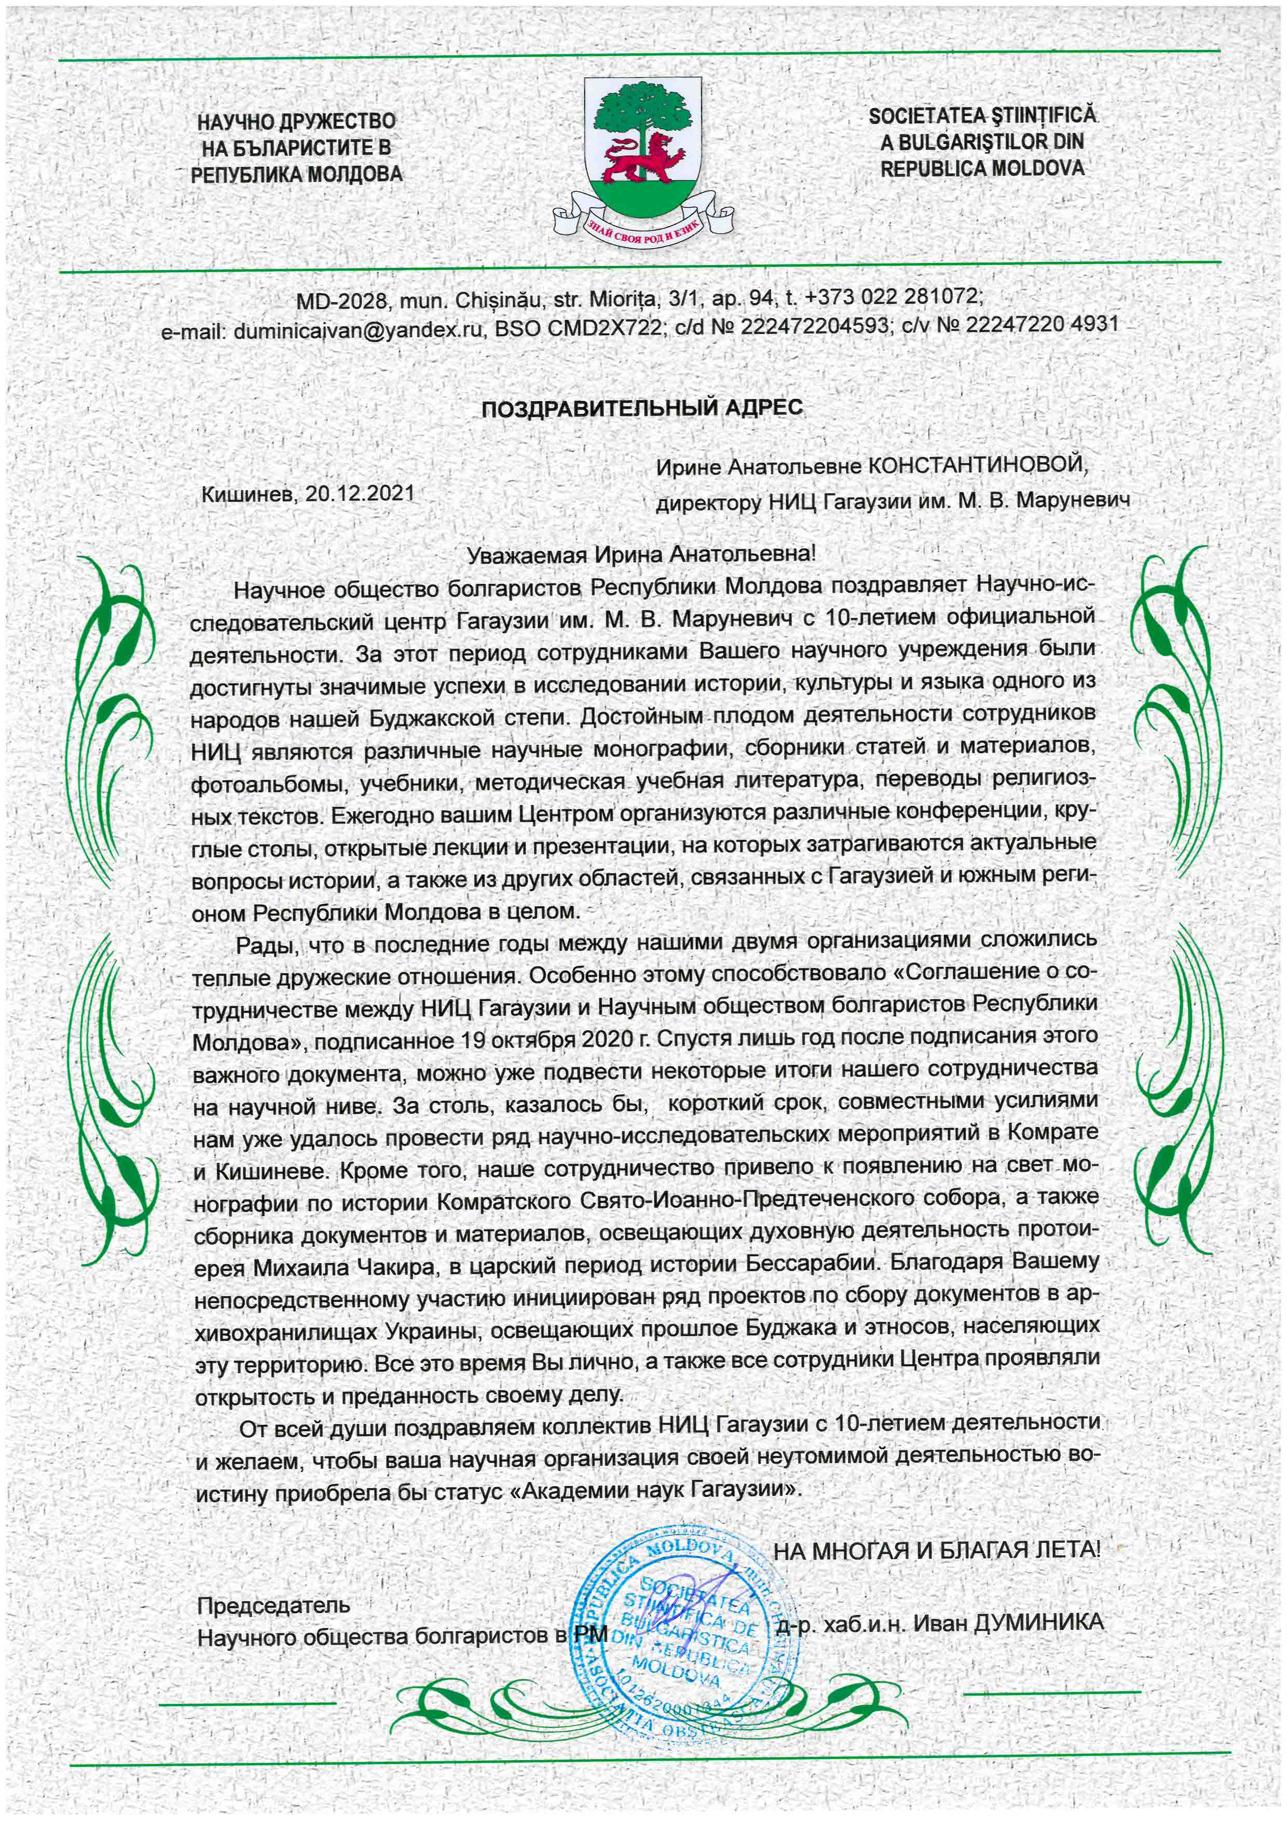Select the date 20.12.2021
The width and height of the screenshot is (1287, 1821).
pos(360,493)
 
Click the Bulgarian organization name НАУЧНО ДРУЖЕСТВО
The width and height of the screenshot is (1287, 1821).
pos(296,121)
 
